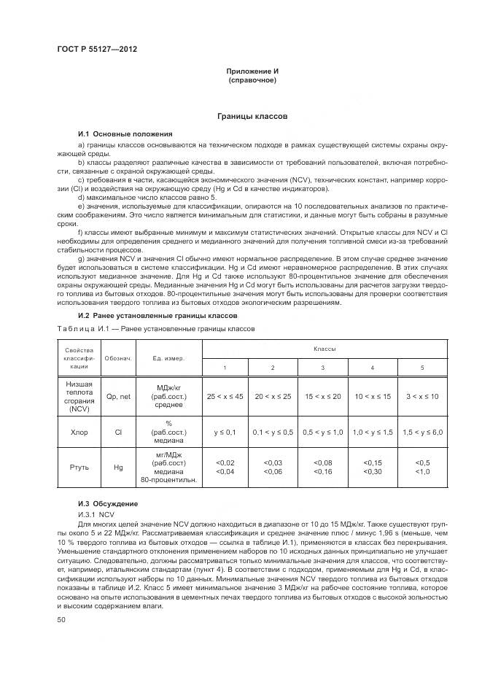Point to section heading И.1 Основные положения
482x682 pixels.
(125, 134)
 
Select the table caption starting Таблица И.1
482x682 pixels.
(155, 329)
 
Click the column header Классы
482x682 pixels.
(324, 349)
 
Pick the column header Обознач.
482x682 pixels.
(118, 358)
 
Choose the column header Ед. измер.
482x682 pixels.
(168, 358)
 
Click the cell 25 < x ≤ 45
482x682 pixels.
(225, 395)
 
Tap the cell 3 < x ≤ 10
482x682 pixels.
(423, 395)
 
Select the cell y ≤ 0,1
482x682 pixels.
(225, 433)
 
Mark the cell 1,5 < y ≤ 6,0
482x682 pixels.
(423, 433)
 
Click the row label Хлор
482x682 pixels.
(79, 433)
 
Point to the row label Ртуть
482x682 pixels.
(79, 467)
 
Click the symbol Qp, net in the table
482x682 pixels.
(118, 396)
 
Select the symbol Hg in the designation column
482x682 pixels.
(118, 467)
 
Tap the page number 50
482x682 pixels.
(62, 619)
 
